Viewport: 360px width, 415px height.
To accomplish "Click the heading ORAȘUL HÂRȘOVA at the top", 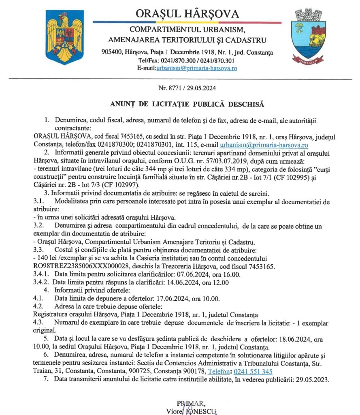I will point(187,13).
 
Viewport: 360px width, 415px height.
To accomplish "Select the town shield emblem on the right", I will point(309,37).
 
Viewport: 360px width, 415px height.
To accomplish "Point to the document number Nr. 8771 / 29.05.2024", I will point(187,88).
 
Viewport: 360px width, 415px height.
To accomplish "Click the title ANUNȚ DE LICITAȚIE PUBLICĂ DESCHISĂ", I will point(187,104).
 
